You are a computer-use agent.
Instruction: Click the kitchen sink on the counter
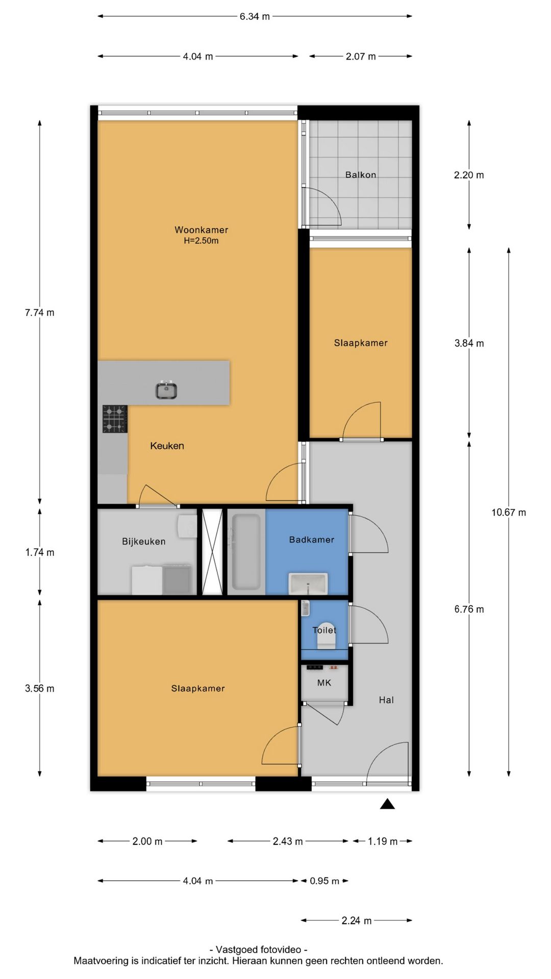[166, 390]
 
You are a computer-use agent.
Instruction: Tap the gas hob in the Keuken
[115, 419]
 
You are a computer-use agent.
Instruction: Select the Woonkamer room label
[201, 230]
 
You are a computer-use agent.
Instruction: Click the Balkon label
[361, 175]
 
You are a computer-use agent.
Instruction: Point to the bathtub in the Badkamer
[246, 552]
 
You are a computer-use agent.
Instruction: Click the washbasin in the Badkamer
[308, 583]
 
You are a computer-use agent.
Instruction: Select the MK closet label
[324, 683]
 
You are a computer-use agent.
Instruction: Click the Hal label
[386, 700]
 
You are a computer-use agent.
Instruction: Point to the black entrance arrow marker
[387, 804]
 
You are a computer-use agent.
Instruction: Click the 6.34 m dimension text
[255, 16]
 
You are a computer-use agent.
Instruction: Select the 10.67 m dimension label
[509, 512]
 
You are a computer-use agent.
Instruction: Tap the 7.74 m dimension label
[40, 313]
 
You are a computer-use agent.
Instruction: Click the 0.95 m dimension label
[324, 881]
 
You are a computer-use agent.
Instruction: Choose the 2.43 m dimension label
[288, 841]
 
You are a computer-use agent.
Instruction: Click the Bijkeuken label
[144, 542]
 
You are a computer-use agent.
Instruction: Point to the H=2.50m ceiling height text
[201, 241]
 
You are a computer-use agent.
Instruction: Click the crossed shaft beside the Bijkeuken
[212, 552]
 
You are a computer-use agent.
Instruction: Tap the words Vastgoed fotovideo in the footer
[259, 949]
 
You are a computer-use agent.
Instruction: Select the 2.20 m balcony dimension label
[469, 175]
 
